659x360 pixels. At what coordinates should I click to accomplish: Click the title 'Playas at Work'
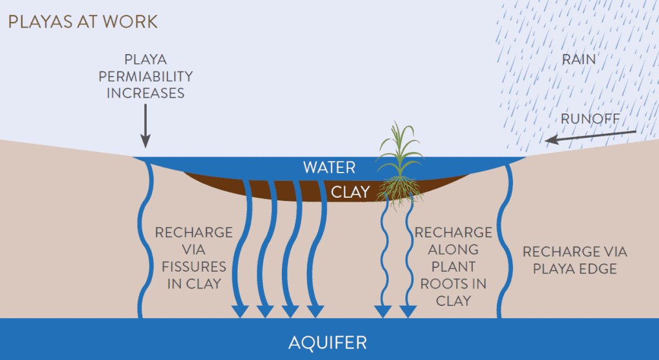(82, 21)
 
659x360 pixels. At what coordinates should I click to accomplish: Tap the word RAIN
(579, 60)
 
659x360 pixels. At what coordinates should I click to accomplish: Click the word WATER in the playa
(329, 167)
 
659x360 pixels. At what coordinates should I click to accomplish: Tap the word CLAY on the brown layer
(350, 191)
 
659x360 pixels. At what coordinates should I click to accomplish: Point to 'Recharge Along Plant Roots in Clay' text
(453, 266)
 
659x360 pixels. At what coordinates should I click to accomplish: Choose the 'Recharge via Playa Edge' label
(575, 260)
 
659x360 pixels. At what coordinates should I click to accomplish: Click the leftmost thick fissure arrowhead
(240, 310)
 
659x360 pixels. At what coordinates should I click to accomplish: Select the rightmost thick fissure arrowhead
(314, 310)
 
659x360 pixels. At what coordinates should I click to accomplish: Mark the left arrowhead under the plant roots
(383, 310)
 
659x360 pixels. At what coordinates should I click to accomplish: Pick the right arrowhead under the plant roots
(406, 310)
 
